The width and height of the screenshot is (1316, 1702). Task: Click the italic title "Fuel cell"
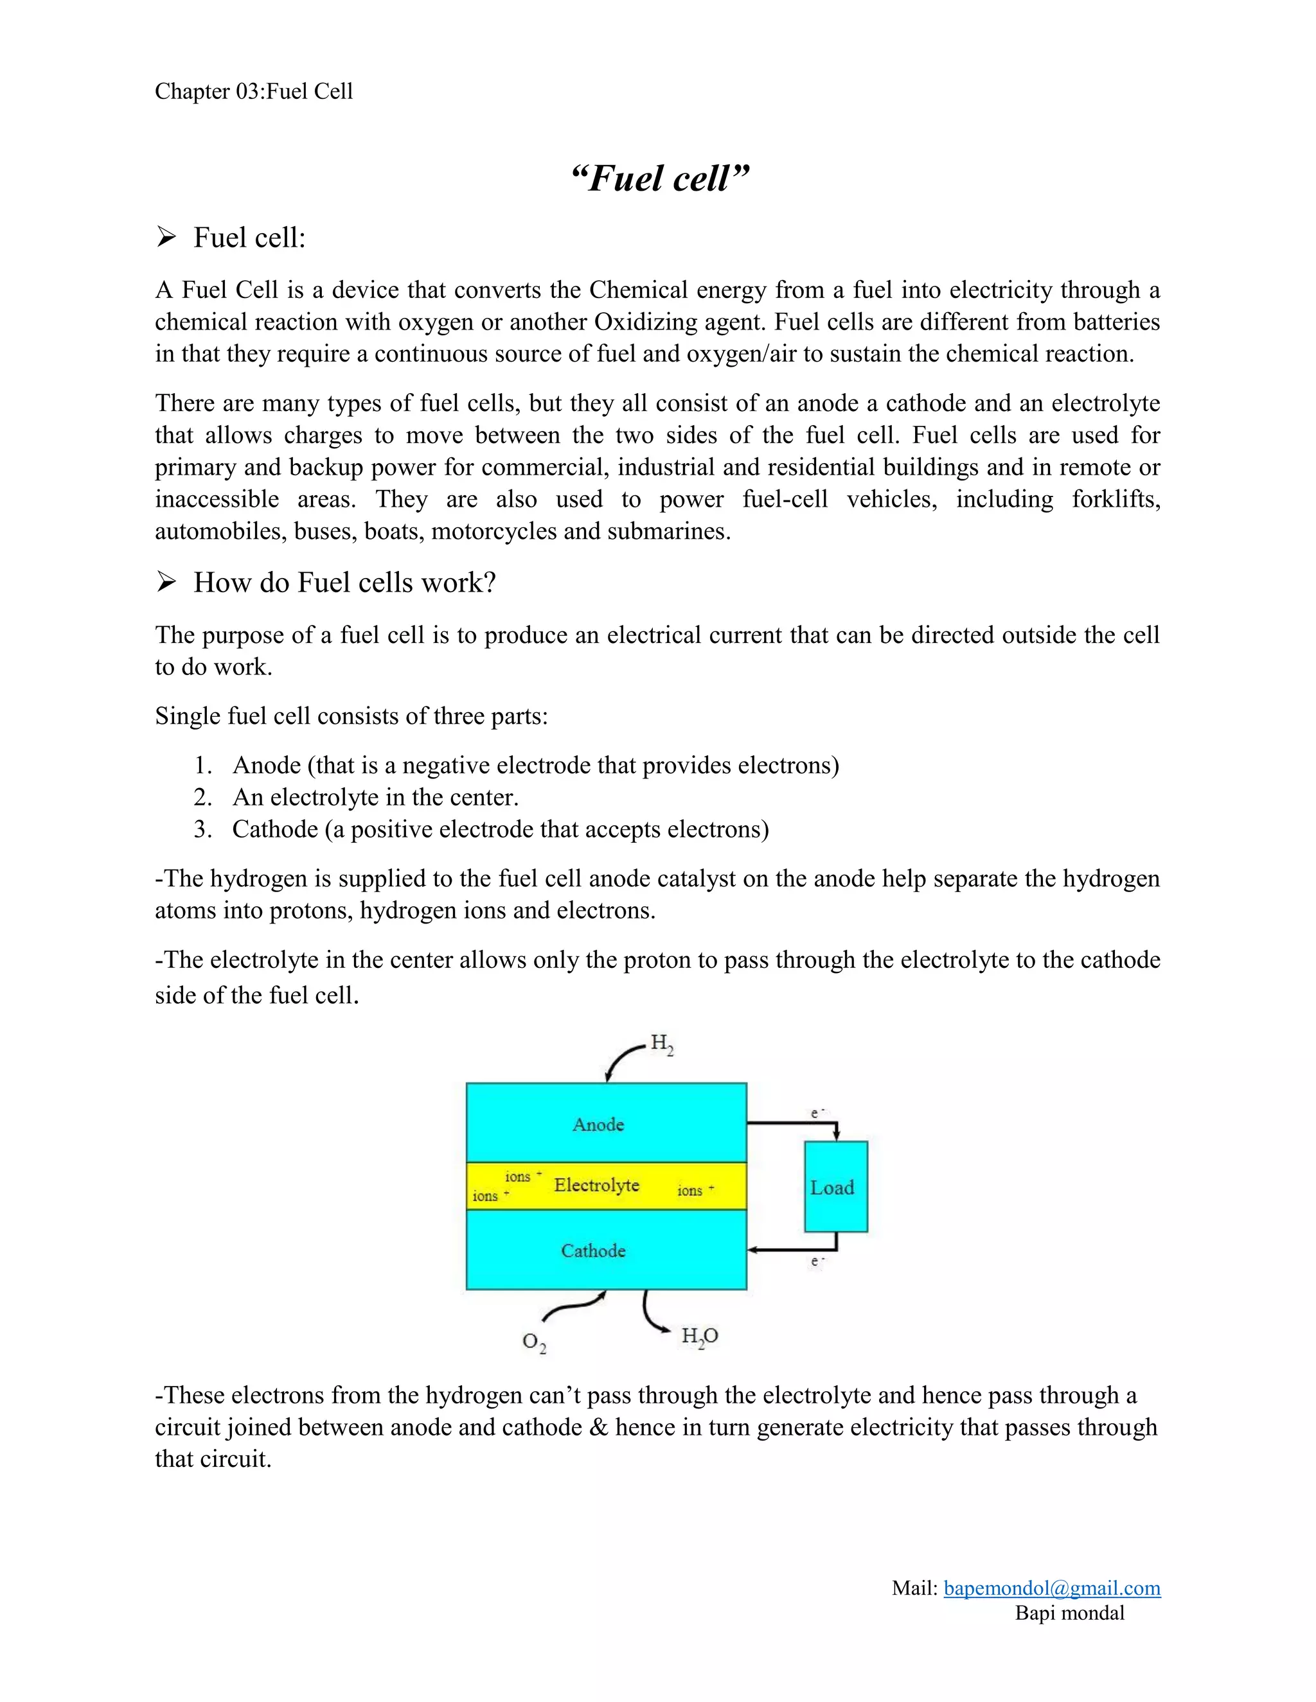659,179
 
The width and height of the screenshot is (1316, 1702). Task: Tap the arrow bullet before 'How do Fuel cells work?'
165,581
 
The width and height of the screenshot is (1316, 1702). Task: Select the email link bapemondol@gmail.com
1052,1588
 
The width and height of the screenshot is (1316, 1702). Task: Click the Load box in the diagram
835,1187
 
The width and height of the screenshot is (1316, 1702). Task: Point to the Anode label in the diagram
598,1124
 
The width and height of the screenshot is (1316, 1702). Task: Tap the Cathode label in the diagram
593,1250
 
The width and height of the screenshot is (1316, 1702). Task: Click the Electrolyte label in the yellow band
596,1184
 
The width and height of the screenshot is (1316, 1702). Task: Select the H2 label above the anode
662,1044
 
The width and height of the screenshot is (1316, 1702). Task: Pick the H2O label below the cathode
699,1336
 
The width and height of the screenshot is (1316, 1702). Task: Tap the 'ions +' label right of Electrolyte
695,1190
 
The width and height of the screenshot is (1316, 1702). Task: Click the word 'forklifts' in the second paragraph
1116,499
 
